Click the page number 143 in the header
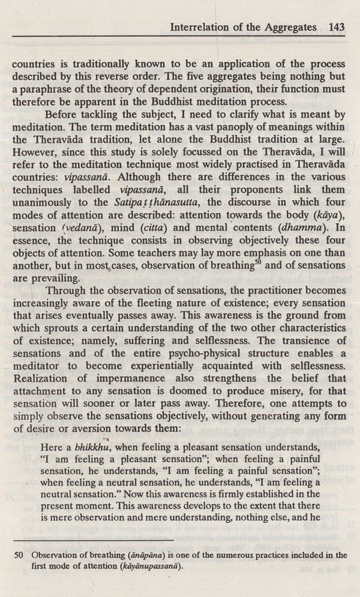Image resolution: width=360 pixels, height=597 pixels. [336, 27]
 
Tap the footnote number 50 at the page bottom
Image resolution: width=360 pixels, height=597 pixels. [19, 556]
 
